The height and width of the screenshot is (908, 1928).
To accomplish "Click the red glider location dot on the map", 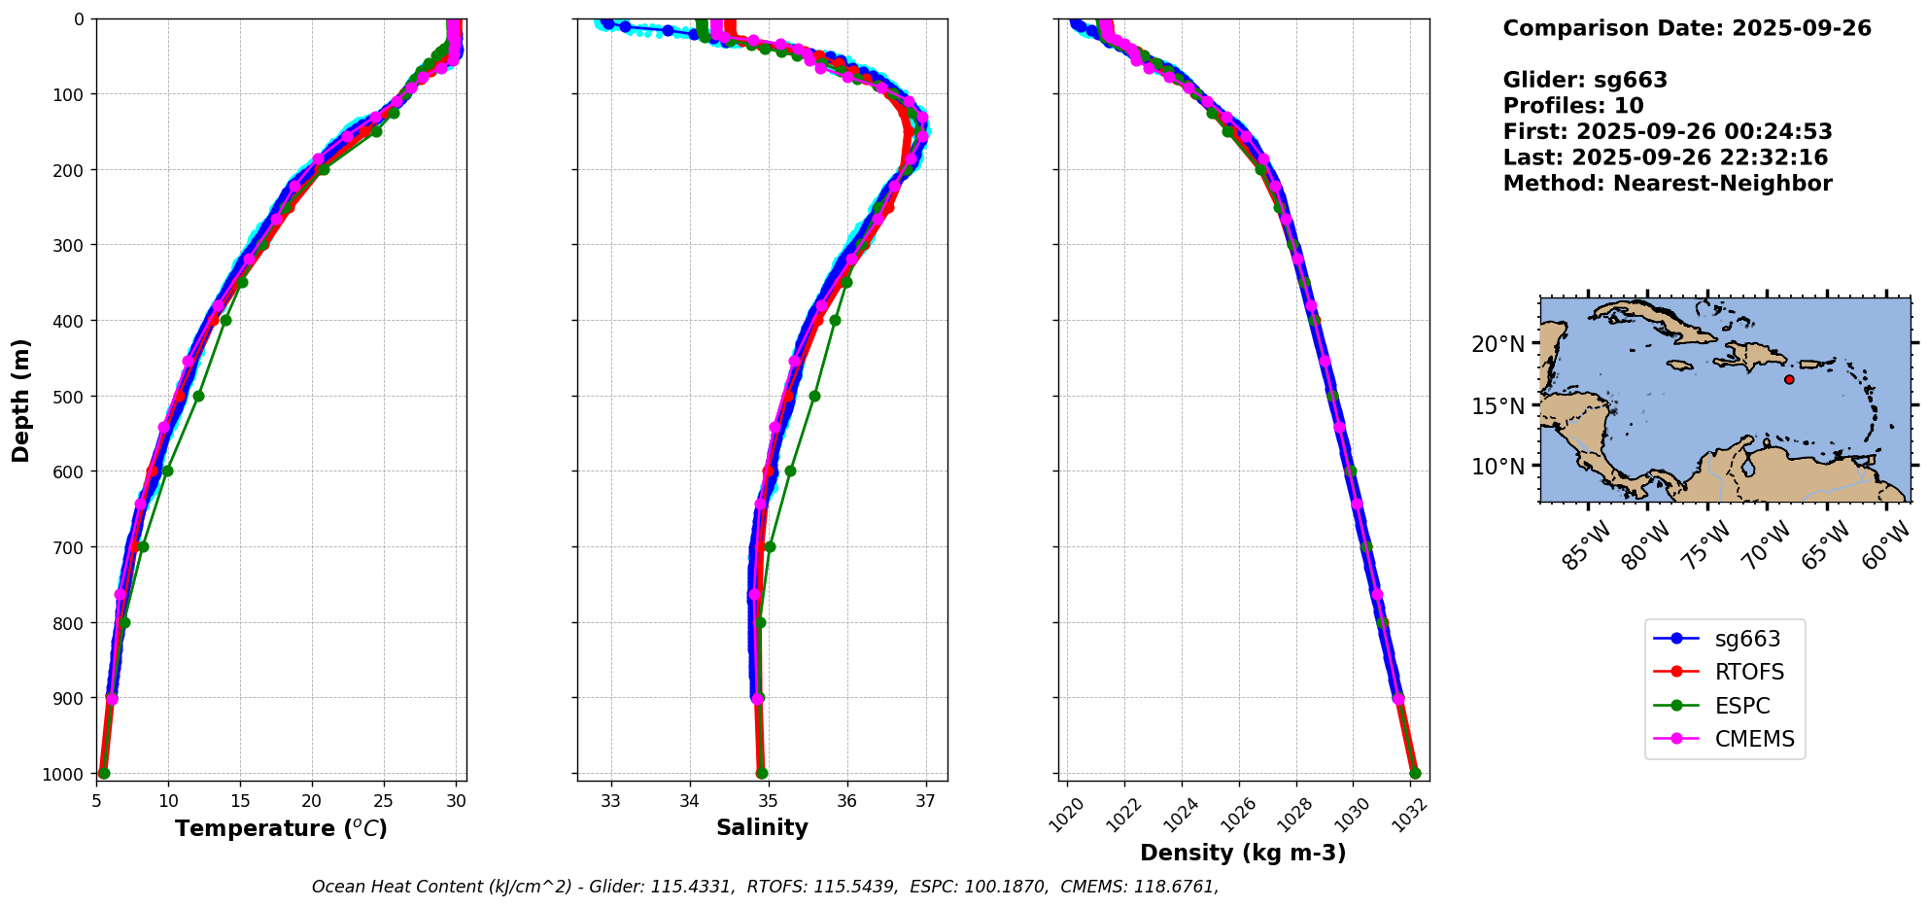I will click(x=1789, y=379).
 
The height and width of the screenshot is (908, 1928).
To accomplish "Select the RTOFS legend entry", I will click(x=1748, y=673).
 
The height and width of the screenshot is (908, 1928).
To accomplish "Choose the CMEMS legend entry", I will click(x=1753, y=739).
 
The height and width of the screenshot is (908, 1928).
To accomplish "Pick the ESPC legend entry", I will click(x=1741, y=706).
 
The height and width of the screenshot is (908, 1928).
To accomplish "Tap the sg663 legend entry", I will click(x=1746, y=639).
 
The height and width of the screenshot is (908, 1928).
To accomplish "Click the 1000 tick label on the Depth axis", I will click(x=68, y=774).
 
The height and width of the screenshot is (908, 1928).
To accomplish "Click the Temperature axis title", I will click(x=281, y=828).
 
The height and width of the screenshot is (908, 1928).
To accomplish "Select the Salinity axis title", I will click(x=762, y=827).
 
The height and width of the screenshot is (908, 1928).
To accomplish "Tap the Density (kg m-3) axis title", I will click(x=1243, y=853).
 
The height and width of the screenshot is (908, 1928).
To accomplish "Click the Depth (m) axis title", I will click(x=21, y=400).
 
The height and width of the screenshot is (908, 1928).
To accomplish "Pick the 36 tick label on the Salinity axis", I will click(x=847, y=801).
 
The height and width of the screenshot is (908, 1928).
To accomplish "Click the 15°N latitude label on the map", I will click(x=1498, y=405).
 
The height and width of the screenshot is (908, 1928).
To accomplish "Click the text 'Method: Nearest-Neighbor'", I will click(x=1667, y=184).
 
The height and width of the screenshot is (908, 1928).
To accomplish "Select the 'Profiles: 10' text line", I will click(x=1572, y=106).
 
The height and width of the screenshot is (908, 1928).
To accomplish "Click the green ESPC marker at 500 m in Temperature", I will click(x=198, y=396).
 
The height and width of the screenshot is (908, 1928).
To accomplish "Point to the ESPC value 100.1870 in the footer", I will click(x=1012, y=887).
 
